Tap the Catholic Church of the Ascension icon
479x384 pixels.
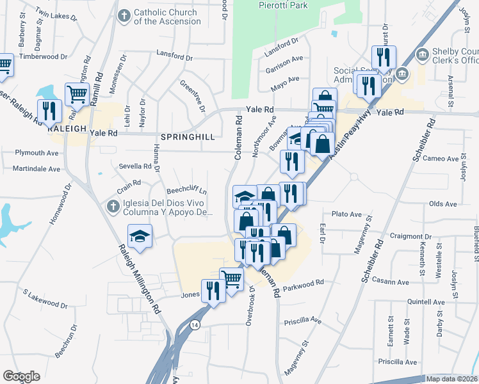pos(124,13)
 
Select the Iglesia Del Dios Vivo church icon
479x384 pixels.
pos(112,206)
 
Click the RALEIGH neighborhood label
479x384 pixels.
pos(67,128)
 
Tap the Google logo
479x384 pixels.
pos(21,376)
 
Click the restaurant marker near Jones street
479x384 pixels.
pos(212,291)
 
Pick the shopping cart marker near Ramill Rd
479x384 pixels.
pos(76,94)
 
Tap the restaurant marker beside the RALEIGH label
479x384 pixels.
pos(49,111)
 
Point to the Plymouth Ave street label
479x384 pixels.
pos(37,153)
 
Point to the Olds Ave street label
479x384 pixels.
pos(442,204)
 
